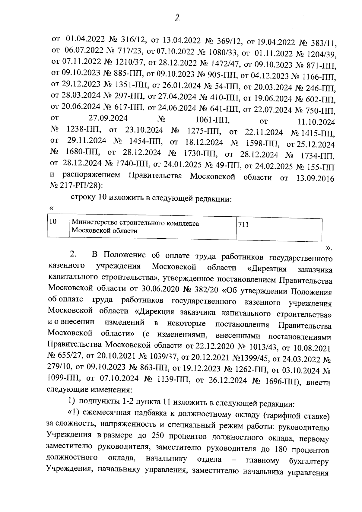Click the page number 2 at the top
tap(177, 18)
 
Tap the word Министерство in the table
tap(95, 224)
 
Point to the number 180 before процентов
tap(282, 449)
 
